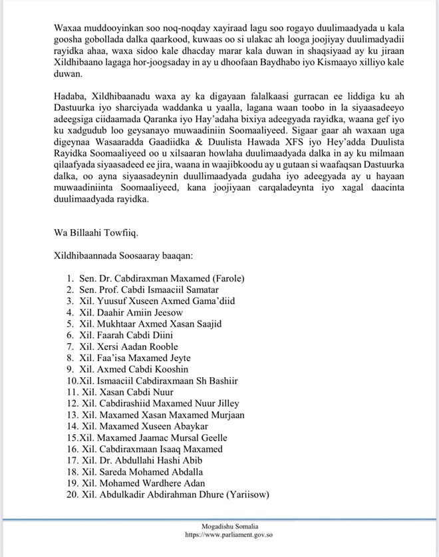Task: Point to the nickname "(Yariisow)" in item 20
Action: [x=246, y=495]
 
